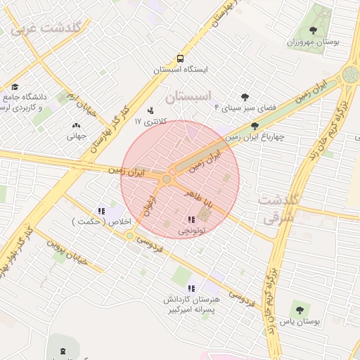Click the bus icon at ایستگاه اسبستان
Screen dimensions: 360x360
pos(181,58)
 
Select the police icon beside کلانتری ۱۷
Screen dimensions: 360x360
pos(150,110)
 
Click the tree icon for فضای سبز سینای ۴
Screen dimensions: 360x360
pos(245,97)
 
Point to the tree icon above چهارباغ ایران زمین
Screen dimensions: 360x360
pos(255,126)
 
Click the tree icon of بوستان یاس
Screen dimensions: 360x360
pos(300,309)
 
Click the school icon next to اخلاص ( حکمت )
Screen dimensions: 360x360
pos(101,210)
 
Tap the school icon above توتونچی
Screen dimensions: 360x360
pos(192,219)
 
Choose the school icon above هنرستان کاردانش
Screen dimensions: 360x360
pos(191,288)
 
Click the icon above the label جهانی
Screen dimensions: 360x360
pos(76,125)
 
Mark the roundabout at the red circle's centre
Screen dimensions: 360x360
pos(167,179)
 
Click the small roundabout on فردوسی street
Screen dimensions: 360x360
pos(130,236)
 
